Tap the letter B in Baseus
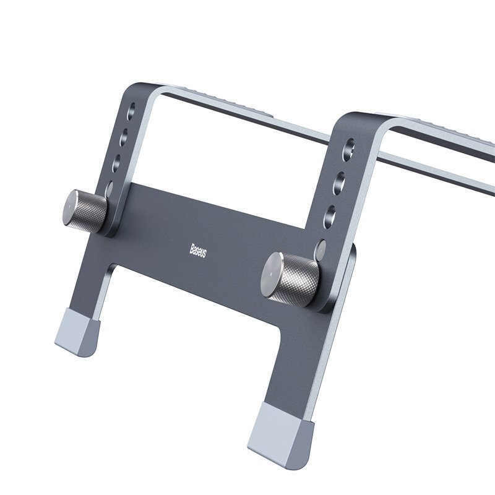click(x=192, y=246)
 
